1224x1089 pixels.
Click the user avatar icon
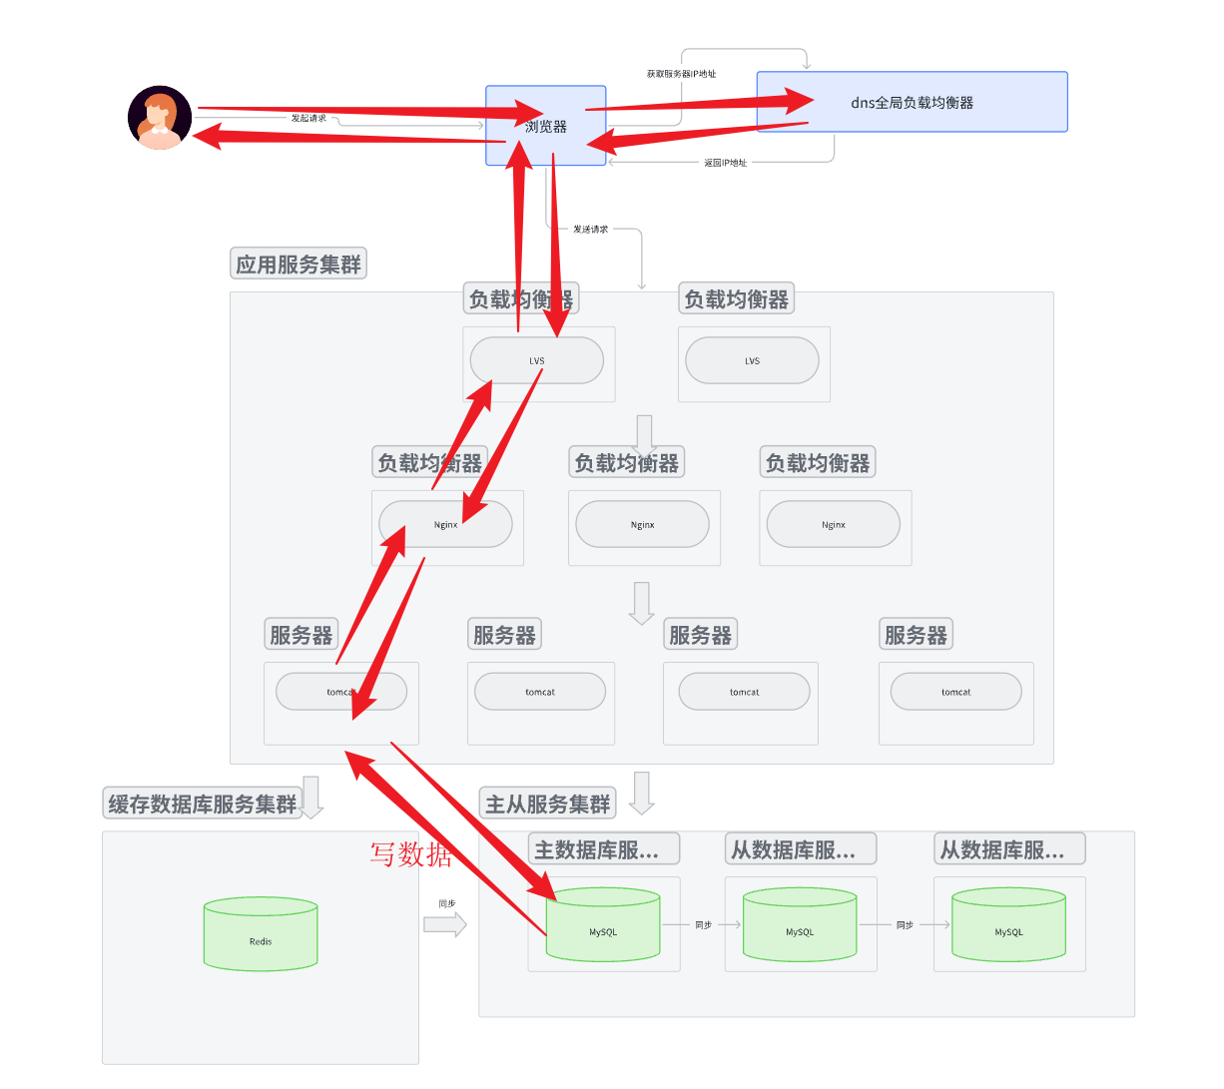pos(160,118)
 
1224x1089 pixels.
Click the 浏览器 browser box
pos(546,127)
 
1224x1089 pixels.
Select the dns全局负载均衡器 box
pos(912,102)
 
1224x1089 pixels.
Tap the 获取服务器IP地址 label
pos(681,74)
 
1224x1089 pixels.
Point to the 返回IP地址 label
pos(725,163)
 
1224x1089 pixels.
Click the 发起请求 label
pos(308,118)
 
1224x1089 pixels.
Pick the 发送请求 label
pos(590,230)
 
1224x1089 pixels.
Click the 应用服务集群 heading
pos(299,265)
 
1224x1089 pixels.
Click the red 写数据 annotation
pos(410,854)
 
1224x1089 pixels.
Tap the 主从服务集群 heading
pos(547,804)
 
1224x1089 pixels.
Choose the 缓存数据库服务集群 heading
pos(203,804)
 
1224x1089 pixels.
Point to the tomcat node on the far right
pos(955,692)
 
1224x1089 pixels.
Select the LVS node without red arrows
pos(752,361)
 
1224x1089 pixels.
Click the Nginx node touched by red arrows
pos(445,524)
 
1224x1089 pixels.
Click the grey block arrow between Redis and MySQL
pos(444,924)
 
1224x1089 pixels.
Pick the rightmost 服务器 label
pos(916,635)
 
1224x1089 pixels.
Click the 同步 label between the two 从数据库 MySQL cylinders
pos(905,925)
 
